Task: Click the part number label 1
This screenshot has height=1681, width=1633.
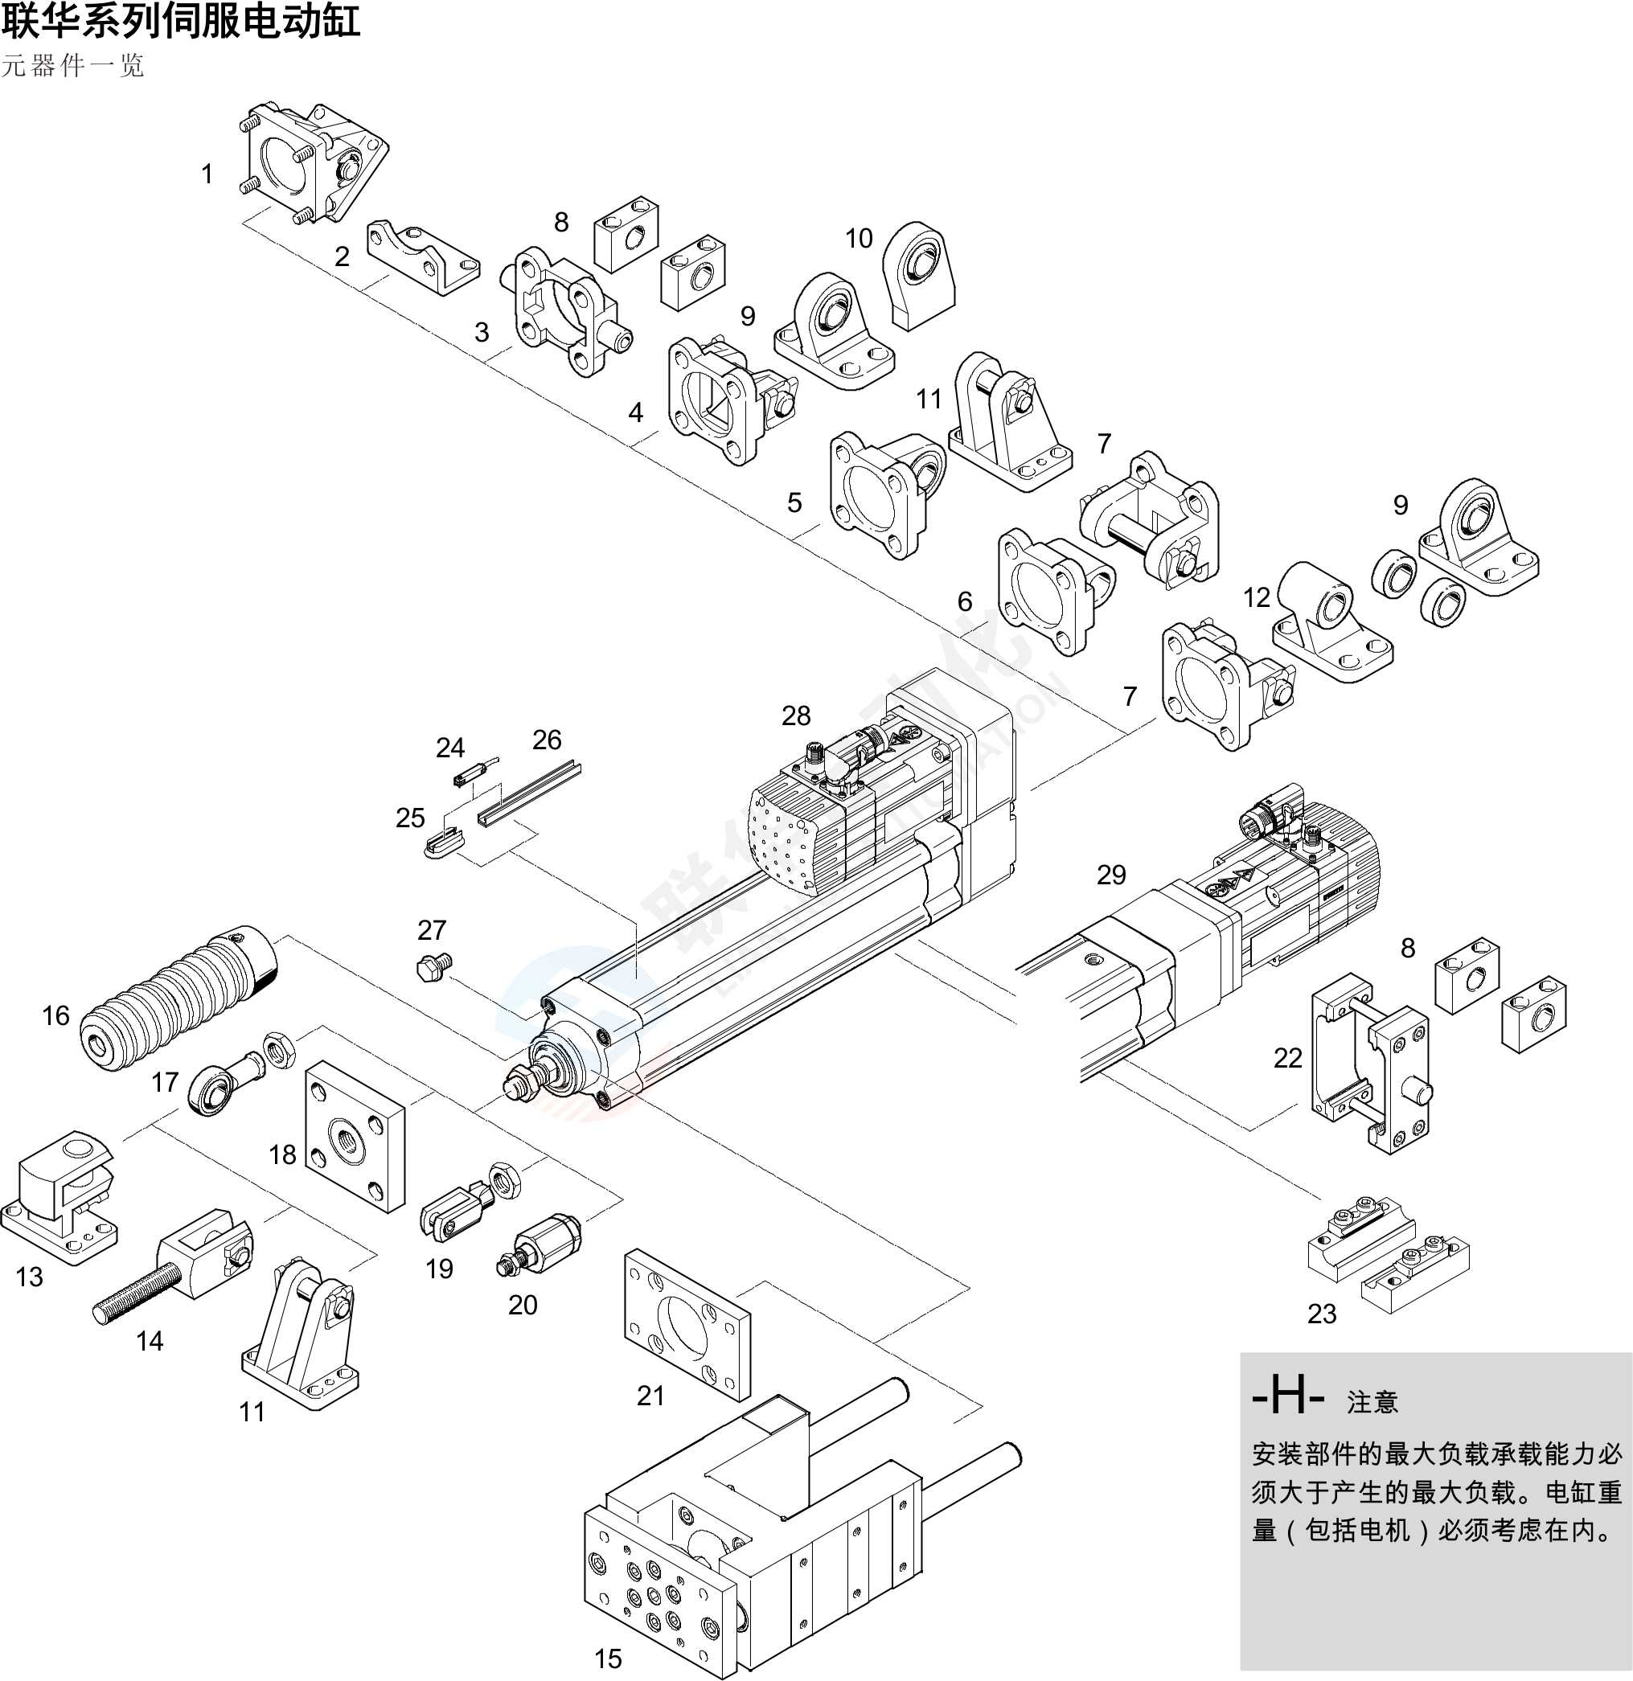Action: click(207, 174)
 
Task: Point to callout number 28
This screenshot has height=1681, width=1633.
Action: click(795, 715)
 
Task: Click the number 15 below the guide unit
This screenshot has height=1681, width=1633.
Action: click(607, 1658)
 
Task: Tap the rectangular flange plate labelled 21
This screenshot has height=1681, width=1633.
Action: click(685, 1324)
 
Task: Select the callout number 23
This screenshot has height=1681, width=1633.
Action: click(1321, 1313)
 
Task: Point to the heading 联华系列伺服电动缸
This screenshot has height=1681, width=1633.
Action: click(180, 21)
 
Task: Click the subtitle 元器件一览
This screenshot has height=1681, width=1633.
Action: click(73, 66)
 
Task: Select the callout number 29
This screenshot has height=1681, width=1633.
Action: click(1110, 874)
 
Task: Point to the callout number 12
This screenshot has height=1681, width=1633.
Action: click(1256, 597)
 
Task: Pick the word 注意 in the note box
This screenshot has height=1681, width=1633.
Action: click(1372, 1402)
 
